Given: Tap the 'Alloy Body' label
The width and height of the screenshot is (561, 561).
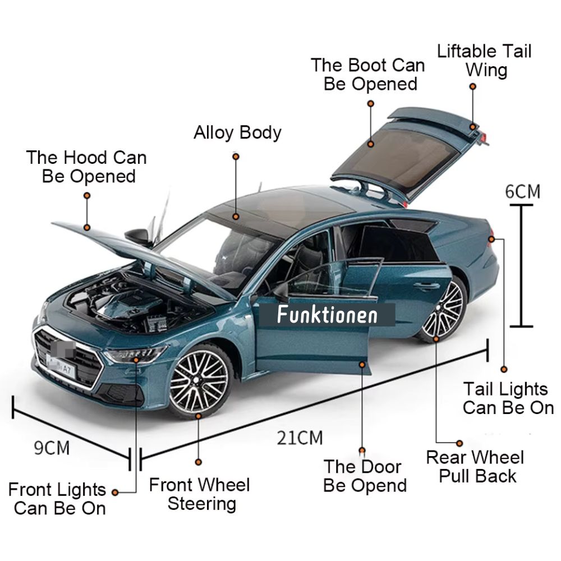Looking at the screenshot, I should point(237,133).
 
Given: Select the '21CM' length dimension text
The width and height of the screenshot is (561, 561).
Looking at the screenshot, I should point(300,437).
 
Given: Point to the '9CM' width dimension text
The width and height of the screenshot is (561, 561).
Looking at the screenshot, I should point(52,448).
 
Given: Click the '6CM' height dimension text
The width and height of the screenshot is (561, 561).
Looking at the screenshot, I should point(522,191).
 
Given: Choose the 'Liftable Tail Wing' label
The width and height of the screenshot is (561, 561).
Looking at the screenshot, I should point(484,61).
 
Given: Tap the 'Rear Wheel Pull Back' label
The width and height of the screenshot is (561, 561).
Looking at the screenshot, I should point(475,466).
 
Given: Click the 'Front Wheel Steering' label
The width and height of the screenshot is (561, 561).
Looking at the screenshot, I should point(199,493).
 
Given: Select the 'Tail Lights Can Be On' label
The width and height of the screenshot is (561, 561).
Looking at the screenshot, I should point(508,398).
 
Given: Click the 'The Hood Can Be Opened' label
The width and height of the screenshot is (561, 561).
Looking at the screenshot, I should point(87,167).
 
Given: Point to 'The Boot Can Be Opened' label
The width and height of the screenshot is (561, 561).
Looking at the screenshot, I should point(368,74).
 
